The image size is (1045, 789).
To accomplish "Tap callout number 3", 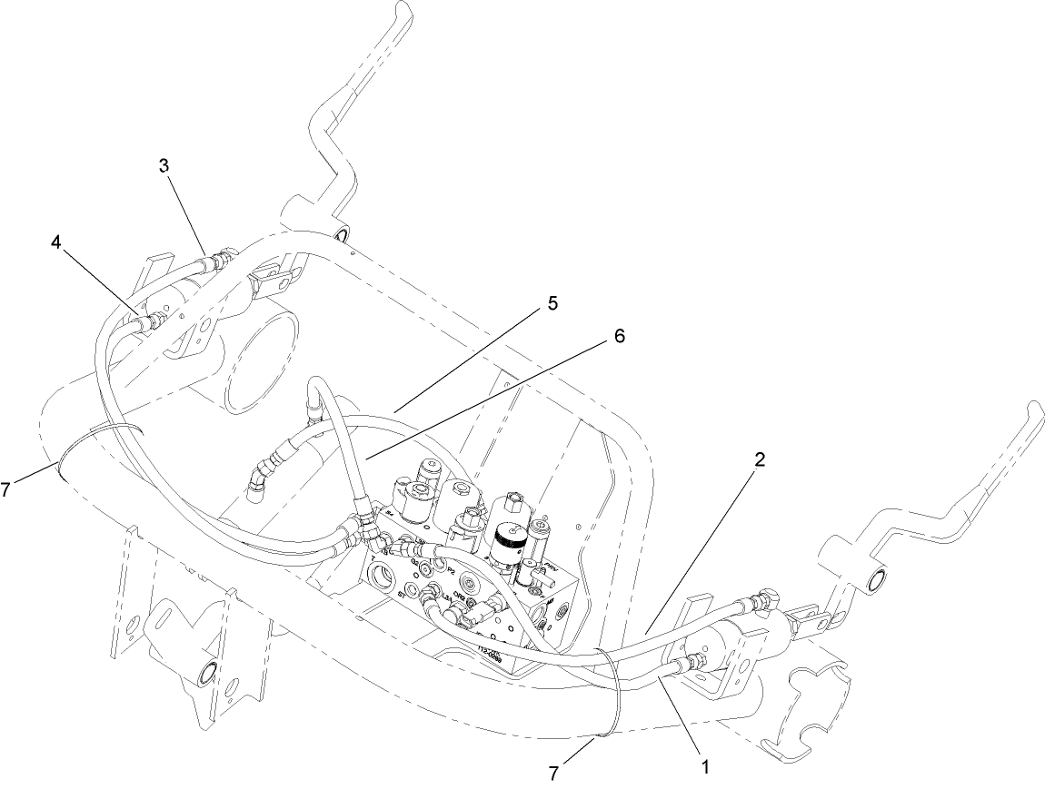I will coord(164,166).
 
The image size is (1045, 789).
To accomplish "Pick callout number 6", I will coord(617,336).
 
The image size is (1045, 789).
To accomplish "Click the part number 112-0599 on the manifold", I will coord(492,650).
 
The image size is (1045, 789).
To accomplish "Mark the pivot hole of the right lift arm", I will coord(876,580).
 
